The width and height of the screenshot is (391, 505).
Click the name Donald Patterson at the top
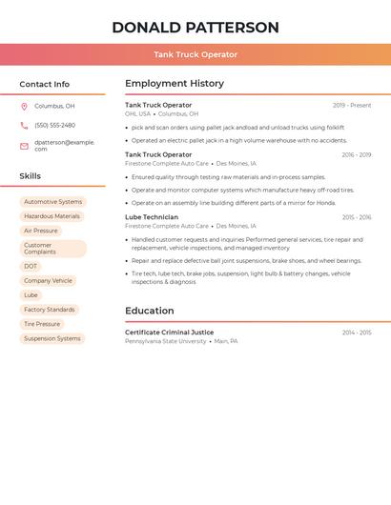pos(195,28)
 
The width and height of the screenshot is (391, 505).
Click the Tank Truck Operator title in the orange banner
pos(195,54)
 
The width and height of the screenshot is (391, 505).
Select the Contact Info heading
pos(45,84)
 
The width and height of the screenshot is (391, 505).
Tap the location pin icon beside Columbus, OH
pos(24,107)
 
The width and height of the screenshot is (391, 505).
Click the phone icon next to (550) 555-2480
pos(24,126)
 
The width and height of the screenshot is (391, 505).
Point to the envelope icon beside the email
pos(24,146)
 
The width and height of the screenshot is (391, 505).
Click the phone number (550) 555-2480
pos(54,126)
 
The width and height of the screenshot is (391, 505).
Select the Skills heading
pos(31,176)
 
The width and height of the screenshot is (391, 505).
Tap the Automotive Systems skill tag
pos(52,202)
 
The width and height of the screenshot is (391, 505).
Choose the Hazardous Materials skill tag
pos(51,216)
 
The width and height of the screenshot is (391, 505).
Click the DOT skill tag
pos(31,267)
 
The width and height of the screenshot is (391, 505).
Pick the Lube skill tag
pos(31,295)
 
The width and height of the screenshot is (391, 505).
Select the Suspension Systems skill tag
pos(52,338)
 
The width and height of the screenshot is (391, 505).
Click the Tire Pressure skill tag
pos(42,324)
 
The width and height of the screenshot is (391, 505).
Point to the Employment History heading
pos(175,84)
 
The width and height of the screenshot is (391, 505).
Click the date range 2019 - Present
pos(352,106)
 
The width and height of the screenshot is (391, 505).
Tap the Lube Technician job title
pos(152,217)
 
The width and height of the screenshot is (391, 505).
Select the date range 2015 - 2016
pos(357,217)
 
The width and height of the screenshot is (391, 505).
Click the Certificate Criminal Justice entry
pos(170,333)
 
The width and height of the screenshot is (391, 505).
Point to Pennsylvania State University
pos(166,341)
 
